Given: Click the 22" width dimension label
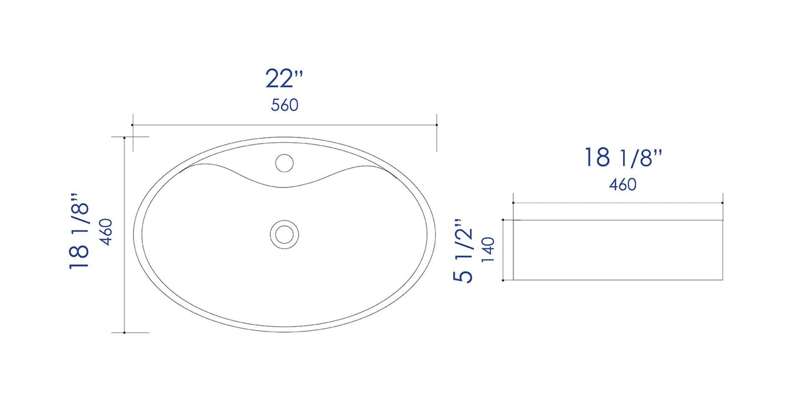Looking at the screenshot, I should click(x=284, y=79).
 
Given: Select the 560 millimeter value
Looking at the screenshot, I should click(x=284, y=106).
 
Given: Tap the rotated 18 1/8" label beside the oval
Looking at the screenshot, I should click(x=80, y=231).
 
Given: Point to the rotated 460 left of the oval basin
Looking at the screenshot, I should click(x=107, y=232).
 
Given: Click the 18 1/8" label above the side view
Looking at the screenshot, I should click(x=623, y=158).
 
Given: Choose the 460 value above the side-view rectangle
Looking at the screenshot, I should click(x=623, y=185).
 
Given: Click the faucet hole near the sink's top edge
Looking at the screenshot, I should click(x=284, y=162).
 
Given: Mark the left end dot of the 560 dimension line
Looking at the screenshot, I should click(x=132, y=125).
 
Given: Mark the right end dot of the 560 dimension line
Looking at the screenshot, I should click(x=436, y=125).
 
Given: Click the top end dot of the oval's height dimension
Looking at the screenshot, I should click(x=125, y=137).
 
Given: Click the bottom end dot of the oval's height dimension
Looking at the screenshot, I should click(x=125, y=333).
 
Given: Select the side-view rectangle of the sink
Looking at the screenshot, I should click(x=618, y=250).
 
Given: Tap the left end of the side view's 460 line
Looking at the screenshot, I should click(x=513, y=203).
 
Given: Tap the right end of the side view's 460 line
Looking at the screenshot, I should click(x=723, y=203).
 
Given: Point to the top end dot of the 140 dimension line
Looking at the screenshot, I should click(x=503, y=221).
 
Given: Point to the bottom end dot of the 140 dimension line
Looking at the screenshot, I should click(x=503, y=280).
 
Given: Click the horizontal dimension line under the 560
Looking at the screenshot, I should click(x=284, y=125).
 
